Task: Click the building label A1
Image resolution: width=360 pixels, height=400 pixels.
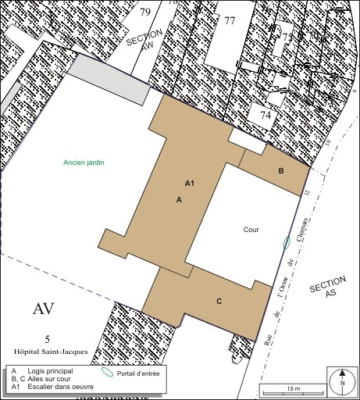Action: pyautogui.click(x=189, y=183)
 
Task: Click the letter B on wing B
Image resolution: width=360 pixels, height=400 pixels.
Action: pyautogui.click(x=281, y=170)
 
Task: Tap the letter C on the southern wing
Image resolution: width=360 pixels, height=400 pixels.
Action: pyautogui.click(x=219, y=301)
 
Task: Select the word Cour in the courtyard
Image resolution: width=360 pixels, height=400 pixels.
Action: pyautogui.click(x=251, y=230)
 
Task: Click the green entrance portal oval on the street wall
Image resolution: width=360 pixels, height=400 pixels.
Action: pyautogui.click(x=287, y=242)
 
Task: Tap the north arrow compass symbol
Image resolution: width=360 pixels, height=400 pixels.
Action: pyautogui.click(x=341, y=381)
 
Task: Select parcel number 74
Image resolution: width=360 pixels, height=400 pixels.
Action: pyautogui.click(x=266, y=115)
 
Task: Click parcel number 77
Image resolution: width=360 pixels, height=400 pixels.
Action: pyautogui.click(x=230, y=21)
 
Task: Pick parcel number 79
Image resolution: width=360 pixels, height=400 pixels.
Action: pyautogui.click(x=145, y=12)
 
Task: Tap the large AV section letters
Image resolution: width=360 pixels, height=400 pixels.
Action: pyautogui.click(x=44, y=308)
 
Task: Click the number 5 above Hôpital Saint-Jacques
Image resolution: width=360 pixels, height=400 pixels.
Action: pyautogui.click(x=47, y=339)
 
